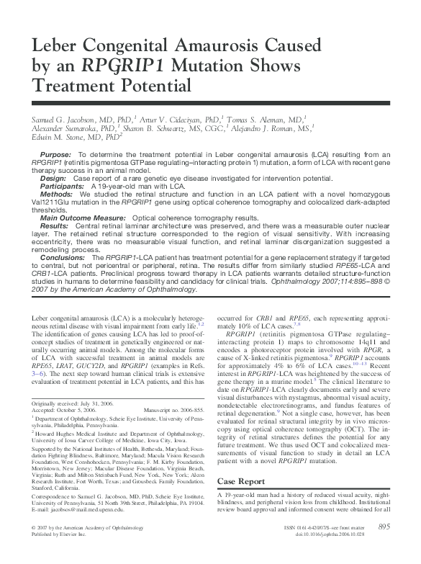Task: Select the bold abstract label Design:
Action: coord(54,177)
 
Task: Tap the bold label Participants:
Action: coord(62,185)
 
